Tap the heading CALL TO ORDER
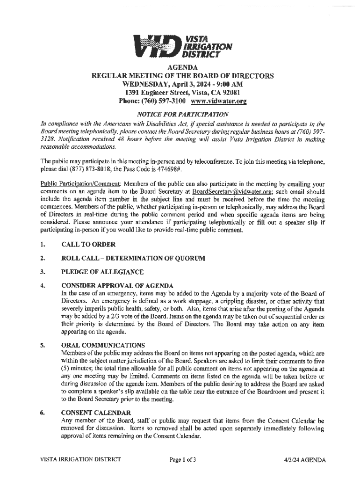[x=88, y=244]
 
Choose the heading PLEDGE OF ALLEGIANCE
[x=102, y=272]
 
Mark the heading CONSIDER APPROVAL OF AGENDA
[x=117, y=285]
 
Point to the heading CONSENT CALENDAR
[x=96, y=413]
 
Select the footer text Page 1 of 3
[x=182, y=459]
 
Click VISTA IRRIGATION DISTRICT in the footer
[x=80, y=459]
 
